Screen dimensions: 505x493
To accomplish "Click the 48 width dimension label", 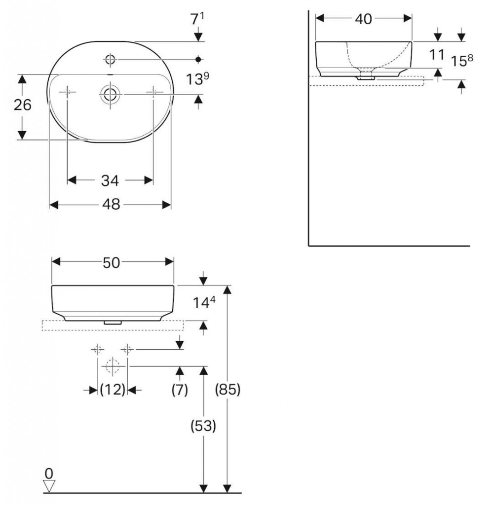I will pyautogui.click(x=112, y=205).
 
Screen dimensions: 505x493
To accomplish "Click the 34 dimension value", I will pyautogui.click(x=110, y=181).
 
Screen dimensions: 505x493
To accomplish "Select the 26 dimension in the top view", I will pyautogui.click(x=23, y=106).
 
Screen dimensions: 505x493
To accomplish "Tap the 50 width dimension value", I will pyautogui.click(x=112, y=263).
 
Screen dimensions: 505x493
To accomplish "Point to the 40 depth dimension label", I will pyautogui.click(x=363, y=19).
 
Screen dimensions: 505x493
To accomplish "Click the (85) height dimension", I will pyautogui.click(x=228, y=390).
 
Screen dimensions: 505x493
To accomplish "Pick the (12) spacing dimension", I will pyautogui.click(x=112, y=390).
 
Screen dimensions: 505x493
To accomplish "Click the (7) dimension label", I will pyautogui.click(x=180, y=390).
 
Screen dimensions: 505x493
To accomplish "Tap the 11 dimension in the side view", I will pyautogui.click(x=437, y=54).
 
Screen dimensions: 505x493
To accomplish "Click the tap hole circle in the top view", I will pyautogui.click(x=110, y=60).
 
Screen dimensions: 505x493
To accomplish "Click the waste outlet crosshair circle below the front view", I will pyautogui.click(x=112, y=366).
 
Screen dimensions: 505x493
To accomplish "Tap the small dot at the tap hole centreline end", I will pyautogui.click(x=198, y=60).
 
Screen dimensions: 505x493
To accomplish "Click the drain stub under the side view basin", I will pyautogui.click(x=366, y=76).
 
